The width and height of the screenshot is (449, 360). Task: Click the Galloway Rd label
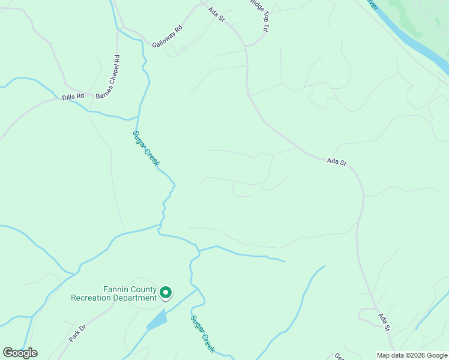pyautogui.click(x=167, y=37)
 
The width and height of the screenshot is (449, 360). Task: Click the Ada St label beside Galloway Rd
pyautogui.click(x=216, y=14)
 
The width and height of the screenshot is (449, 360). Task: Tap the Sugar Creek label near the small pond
pyautogui.click(x=203, y=334)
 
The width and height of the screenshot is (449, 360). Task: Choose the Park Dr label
pyautogui.click(x=77, y=333)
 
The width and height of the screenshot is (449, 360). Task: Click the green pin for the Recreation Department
pyautogui.click(x=165, y=293)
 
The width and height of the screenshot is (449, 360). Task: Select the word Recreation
pyautogui.click(x=92, y=298)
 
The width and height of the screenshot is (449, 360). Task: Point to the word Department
pyautogui.click(x=136, y=298)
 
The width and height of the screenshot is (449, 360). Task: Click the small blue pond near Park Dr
pyautogui.click(x=157, y=320)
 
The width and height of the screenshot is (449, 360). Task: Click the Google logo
pyautogui.click(x=20, y=353)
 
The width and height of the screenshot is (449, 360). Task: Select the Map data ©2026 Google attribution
pyautogui.click(x=412, y=355)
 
